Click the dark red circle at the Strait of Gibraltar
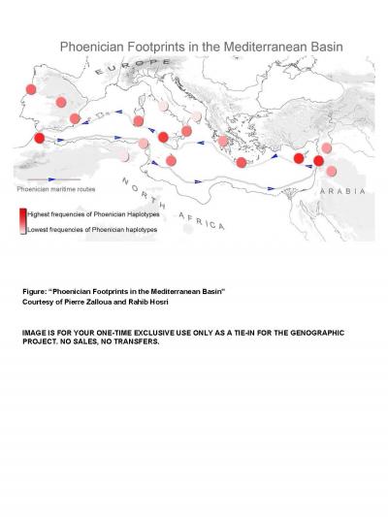(x=40, y=139)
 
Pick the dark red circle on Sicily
(x=163, y=136)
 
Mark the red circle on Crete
(x=241, y=162)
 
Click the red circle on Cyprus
(x=300, y=157)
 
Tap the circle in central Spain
(x=61, y=101)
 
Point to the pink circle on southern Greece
(x=224, y=142)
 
